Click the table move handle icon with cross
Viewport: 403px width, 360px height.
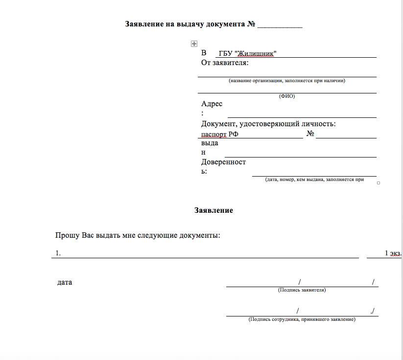(194, 44)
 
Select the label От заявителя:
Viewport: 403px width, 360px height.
(225, 63)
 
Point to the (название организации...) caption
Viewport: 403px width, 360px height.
(287, 80)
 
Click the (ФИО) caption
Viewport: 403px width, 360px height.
(287, 96)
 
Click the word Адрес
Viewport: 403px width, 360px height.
(212, 104)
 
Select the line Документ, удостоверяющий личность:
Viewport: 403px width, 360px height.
(268, 124)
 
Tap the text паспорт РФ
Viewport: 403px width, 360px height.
(220, 134)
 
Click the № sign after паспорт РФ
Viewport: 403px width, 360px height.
(310, 133)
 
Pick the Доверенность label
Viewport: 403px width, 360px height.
(223, 162)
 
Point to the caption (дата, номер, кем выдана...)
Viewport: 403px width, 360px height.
(314, 180)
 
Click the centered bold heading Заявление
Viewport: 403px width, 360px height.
(213, 210)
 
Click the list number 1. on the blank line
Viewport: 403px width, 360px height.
(58, 253)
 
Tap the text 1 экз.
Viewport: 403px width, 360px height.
(393, 253)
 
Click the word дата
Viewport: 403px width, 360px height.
(65, 282)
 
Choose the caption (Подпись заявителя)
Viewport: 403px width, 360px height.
(302, 290)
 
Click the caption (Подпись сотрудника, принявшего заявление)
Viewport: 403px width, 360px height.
(302, 319)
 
